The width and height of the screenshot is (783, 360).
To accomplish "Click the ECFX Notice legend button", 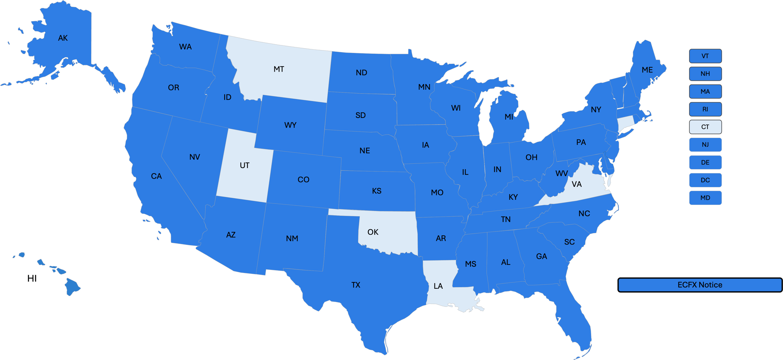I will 700,285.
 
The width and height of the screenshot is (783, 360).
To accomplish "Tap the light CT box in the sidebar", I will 705,127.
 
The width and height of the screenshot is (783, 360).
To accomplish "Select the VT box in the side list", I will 705,56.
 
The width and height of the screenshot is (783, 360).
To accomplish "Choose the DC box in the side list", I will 705,180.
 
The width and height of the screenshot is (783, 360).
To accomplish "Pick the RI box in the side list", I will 705,109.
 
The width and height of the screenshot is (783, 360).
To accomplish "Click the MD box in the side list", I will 705,198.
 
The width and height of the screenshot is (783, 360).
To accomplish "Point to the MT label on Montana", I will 279,69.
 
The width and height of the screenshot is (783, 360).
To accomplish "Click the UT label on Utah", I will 244,165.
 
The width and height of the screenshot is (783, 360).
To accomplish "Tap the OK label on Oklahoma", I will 373,232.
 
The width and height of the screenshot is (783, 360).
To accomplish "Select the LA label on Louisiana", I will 438,286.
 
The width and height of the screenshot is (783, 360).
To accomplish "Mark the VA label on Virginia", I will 577,184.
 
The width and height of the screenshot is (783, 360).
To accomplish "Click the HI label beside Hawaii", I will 32,279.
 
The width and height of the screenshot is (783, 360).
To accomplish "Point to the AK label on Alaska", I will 63,38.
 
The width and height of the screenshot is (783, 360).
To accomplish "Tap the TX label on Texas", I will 355,285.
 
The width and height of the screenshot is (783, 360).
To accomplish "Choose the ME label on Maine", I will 647,70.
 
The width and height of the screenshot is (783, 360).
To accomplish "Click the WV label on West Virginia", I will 561,174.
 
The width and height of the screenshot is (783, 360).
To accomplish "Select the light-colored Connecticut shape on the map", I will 625,123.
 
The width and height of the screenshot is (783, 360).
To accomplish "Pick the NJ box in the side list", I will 705,145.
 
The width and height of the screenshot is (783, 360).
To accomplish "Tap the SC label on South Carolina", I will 569,242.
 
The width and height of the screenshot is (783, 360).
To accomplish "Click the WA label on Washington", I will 185,47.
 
